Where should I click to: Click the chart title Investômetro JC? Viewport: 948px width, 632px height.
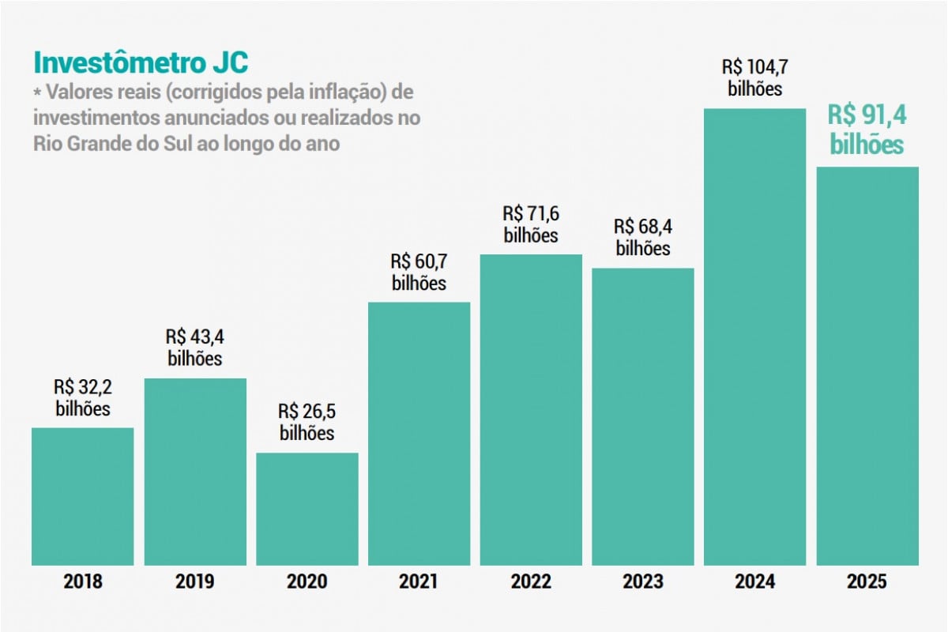pyautogui.click(x=140, y=63)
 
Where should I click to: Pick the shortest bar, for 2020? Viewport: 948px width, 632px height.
pyautogui.click(x=307, y=509)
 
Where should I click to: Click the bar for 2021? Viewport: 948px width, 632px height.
pyautogui.click(x=419, y=434)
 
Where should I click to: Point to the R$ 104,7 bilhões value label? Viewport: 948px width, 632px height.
pyautogui.click(x=755, y=77)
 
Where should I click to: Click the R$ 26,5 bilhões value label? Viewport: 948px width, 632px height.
pyautogui.click(x=307, y=422)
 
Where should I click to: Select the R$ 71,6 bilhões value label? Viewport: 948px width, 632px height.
pyautogui.click(x=531, y=224)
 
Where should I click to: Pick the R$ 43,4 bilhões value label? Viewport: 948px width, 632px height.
pyautogui.click(x=195, y=347)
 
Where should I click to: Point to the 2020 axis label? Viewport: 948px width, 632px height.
pyautogui.click(x=307, y=582)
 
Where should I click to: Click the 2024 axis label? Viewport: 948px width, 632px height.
pyautogui.click(x=755, y=582)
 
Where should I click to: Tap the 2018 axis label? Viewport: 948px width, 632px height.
pyautogui.click(x=83, y=582)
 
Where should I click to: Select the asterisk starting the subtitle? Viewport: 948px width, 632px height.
pyautogui.click(x=36, y=93)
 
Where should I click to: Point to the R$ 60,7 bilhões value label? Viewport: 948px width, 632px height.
pyautogui.click(x=419, y=272)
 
